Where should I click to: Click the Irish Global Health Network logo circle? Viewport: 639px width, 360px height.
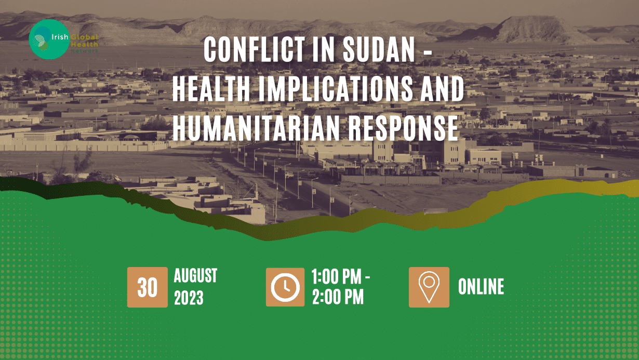49,39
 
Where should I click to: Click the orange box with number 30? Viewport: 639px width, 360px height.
148,287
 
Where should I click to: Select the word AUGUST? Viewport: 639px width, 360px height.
195,276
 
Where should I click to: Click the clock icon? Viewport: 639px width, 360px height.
285,287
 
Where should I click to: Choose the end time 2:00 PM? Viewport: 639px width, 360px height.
337,298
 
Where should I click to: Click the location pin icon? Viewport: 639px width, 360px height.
429,287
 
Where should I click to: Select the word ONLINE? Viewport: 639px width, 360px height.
481,287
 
